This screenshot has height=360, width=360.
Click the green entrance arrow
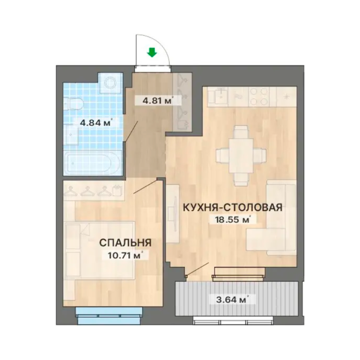point(152,52)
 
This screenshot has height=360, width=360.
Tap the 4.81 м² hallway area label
point(157,100)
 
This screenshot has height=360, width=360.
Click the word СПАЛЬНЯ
point(125,243)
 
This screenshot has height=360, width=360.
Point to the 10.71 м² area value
point(126,255)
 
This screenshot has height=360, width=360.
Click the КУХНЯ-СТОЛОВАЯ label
point(232,207)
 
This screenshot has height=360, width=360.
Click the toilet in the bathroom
point(73,104)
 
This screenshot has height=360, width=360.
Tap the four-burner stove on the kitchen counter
point(259,97)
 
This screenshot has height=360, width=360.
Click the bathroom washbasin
point(71,135)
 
